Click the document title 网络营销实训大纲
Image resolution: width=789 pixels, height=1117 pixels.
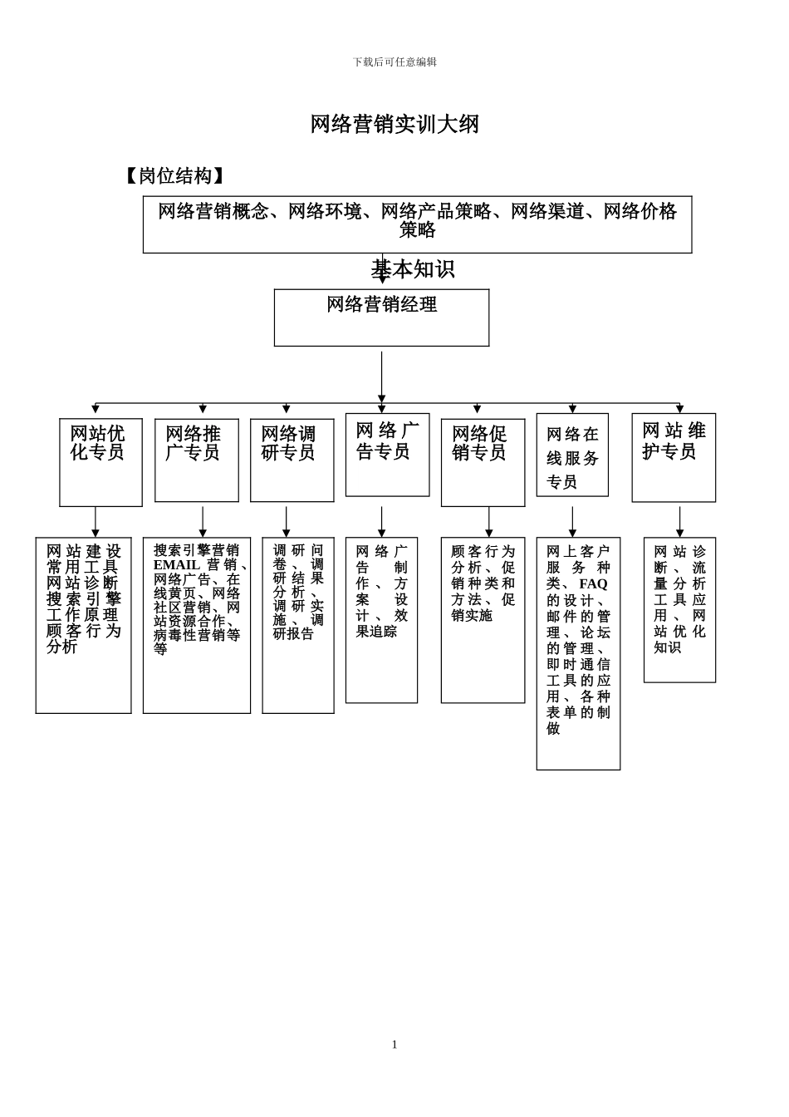(x=394, y=125)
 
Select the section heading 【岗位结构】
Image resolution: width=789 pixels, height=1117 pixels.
(x=174, y=176)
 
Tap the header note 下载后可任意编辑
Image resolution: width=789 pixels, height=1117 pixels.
(x=394, y=62)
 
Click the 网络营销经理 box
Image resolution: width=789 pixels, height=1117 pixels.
(x=381, y=317)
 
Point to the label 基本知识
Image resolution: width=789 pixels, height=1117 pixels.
(x=413, y=269)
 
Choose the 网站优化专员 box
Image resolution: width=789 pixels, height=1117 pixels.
(x=100, y=462)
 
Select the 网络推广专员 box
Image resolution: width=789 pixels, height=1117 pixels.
(x=196, y=460)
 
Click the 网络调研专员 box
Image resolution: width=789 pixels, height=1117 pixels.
(x=292, y=460)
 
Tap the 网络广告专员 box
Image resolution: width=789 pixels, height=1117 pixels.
(x=387, y=455)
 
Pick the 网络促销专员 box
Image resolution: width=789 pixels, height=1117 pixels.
(x=483, y=462)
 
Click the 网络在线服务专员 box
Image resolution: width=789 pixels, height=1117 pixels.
(x=572, y=455)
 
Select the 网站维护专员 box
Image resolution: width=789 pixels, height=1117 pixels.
(x=673, y=457)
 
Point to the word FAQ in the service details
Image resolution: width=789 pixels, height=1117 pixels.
(x=593, y=584)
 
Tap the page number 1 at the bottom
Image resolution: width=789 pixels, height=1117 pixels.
(x=394, y=1045)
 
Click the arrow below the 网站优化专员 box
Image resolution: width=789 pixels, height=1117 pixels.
(x=96, y=522)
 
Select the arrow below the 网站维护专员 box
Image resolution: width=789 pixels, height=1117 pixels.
(x=679, y=522)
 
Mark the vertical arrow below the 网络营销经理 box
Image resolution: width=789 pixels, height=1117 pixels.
(x=382, y=376)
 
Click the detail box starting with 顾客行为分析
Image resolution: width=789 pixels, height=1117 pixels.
(x=483, y=619)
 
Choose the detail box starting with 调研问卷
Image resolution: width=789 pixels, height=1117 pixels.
(x=298, y=625)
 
